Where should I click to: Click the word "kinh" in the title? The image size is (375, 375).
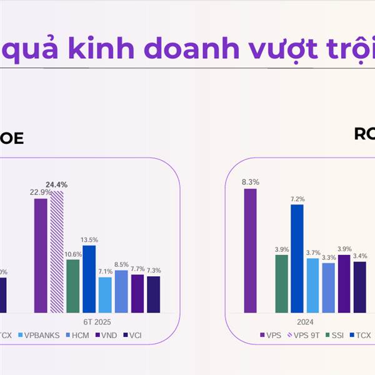pyautogui.click(x=102, y=48)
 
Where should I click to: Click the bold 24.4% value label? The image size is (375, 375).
pyautogui.click(x=57, y=185)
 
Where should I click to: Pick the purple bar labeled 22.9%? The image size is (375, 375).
pyautogui.click(x=41, y=255)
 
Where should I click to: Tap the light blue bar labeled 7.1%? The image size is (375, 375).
pyautogui.click(x=105, y=294)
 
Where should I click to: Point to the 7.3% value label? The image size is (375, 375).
pyautogui.click(x=154, y=270)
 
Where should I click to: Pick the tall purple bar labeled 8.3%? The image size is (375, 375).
pyautogui.click(x=250, y=250)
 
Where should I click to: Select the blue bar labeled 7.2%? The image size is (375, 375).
pyautogui.click(x=297, y=258)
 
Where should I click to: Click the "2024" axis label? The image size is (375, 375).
pyautogui.click(x=305, y=322)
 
